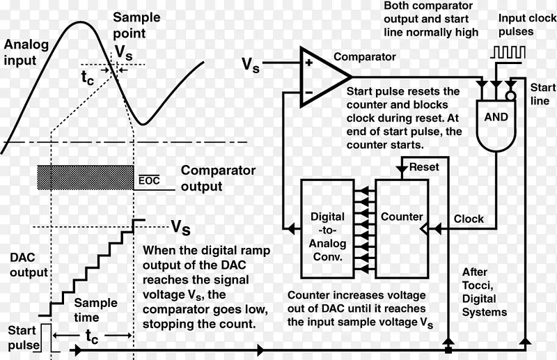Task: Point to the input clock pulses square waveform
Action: tap(504, 53)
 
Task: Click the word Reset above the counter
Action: tap(423, 168)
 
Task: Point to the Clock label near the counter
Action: tap(468, 219)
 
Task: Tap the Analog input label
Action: tap(27, 52)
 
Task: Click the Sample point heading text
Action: tap(136, 26)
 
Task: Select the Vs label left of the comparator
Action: tap(251, 65)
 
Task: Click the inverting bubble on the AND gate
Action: tap(510, 93)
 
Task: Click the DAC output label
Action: tap(29, 265)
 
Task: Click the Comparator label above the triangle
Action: tap(365, 57)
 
